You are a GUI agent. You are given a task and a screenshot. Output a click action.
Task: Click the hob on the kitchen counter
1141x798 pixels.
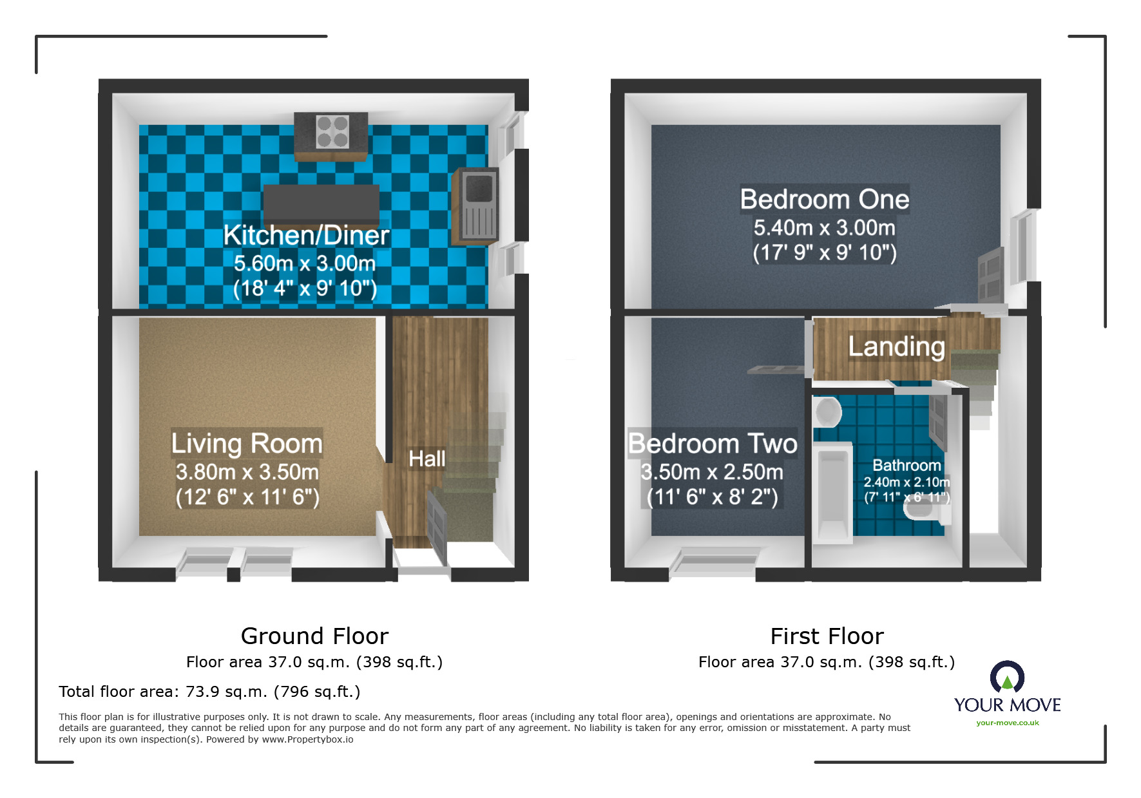[x=332, y=131]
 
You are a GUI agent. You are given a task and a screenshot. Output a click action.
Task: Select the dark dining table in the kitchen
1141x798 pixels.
[x=321, y=204]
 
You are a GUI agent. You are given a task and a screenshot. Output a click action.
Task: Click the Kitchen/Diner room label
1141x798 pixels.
[x=306, y=236]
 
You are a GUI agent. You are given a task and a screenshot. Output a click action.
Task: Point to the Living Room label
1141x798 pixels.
[x=247, y=444]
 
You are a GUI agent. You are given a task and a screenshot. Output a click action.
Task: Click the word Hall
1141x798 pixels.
[x=427, y=459]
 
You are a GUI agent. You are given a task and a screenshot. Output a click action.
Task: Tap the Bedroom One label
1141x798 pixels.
[x=824, y=200]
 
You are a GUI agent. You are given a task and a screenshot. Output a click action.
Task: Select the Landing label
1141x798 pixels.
[x=896, y=347]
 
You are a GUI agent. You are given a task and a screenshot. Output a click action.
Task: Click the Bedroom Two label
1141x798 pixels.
[x=713, y=444]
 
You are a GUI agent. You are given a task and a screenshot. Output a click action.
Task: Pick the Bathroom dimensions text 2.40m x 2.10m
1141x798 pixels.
[x=906, y=482]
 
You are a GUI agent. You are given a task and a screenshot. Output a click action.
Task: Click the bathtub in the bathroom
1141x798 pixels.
[x=832, y=493]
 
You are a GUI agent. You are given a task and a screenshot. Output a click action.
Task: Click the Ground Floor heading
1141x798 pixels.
[x=314, y=636]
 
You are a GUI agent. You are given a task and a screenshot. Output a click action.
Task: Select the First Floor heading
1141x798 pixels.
[x=827, y=636]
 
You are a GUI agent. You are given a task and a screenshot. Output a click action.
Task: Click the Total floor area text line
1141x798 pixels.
[x=209, y=692]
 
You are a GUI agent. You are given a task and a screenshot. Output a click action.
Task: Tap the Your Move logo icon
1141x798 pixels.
[x=1007, y=678]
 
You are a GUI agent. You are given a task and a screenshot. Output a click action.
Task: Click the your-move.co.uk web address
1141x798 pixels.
[x=1007, y=723]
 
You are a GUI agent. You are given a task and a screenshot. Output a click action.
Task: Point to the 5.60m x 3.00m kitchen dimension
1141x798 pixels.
[x=305, y=263]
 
